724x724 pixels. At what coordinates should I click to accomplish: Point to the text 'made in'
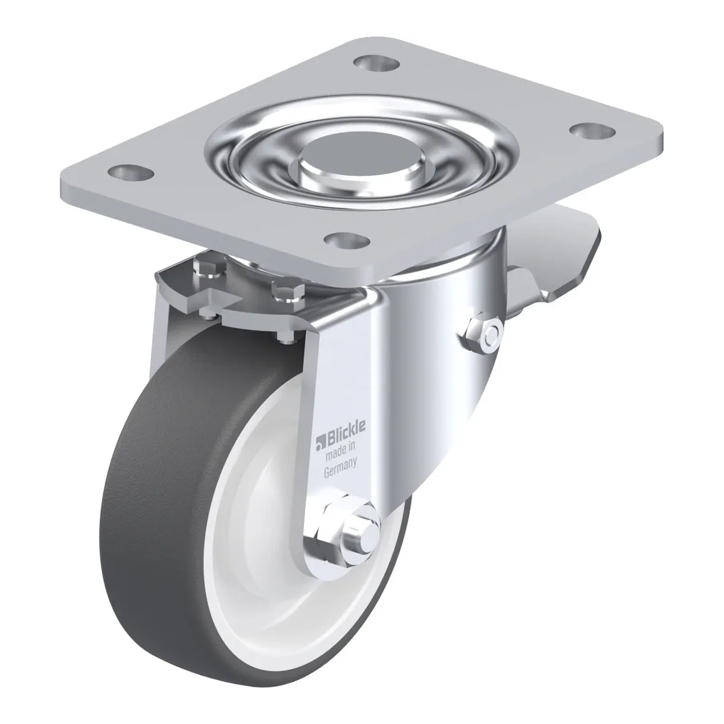[340, 453]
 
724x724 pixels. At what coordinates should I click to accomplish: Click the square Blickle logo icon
[320, 443]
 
